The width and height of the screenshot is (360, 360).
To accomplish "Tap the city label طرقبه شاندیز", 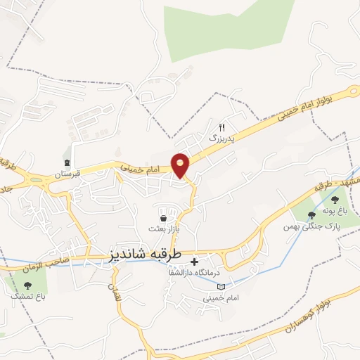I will click(x=146, y=254).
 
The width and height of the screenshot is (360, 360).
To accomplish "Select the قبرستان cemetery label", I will click(x=69, y=174).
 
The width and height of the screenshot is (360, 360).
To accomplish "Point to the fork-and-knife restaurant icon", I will click(x=221, y=127).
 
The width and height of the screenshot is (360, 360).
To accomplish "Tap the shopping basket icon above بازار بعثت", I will click(x=163, y=219).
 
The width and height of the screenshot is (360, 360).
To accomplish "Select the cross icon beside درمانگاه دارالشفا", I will click(x=194, y=262).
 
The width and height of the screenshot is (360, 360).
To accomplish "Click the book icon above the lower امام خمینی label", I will click(x=222, y=287).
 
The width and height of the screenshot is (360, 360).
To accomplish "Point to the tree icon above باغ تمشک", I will click(x=27, y=285).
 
